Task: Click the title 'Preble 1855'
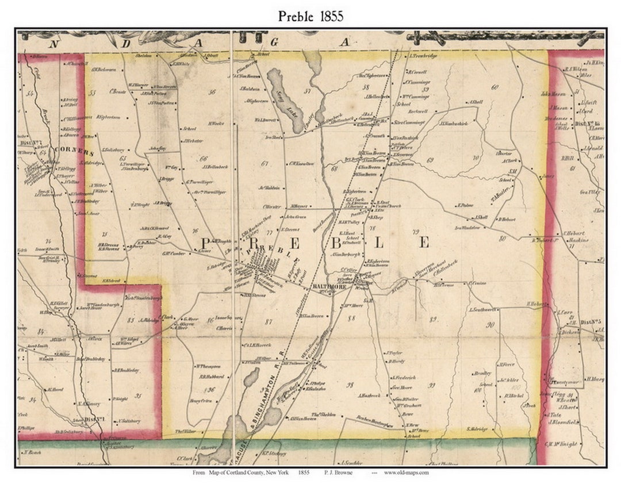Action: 310,16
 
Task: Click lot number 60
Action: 494,87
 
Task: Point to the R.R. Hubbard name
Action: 211,377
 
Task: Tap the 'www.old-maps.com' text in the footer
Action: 407,472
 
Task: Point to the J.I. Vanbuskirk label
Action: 454,123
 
